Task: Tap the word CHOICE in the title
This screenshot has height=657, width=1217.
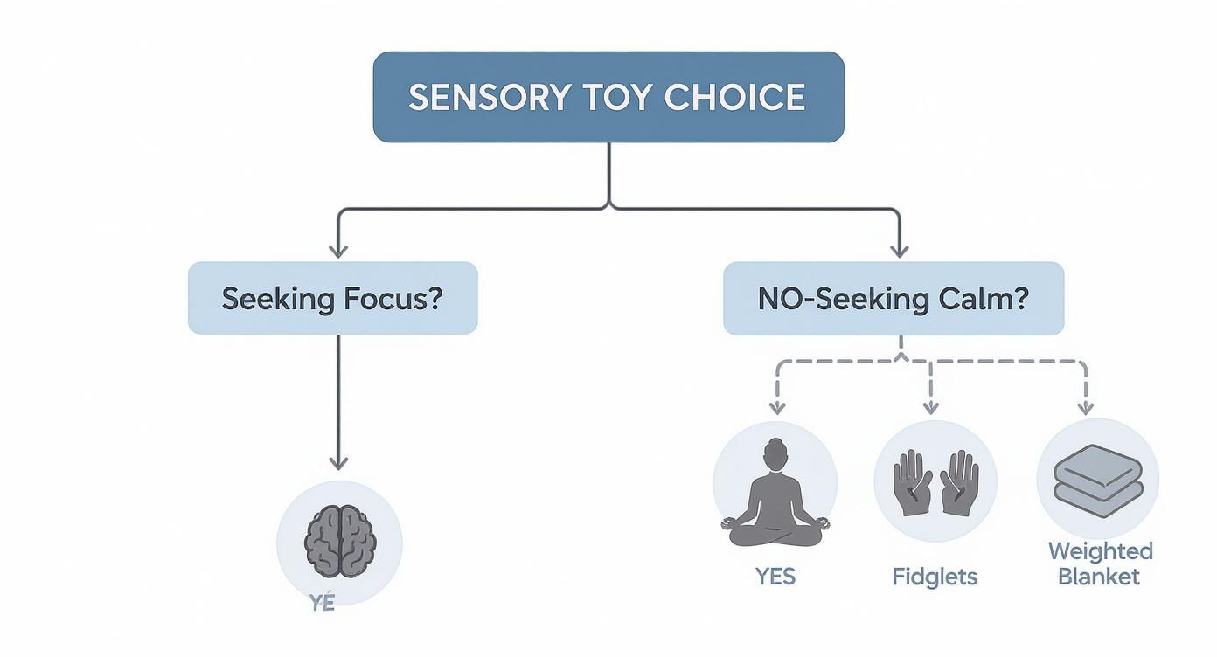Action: [734, 97]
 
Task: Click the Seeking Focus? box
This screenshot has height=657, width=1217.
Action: [332, 298]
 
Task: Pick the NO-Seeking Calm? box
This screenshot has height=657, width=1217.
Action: [893, 298]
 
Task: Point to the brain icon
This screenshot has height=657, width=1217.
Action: [339, 543]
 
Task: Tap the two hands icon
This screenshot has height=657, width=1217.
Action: [935, 481]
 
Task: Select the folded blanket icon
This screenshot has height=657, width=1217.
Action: [1097, 480]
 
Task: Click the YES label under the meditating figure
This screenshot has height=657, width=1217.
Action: [775, 577]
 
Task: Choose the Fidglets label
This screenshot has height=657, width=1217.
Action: [935, 577]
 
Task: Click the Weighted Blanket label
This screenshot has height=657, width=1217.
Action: [1099, 564]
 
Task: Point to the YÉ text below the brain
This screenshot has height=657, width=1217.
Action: [323, 604]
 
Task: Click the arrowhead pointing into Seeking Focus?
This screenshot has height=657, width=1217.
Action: [338, 250]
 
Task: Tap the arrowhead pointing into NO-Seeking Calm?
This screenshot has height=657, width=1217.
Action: [898, 250]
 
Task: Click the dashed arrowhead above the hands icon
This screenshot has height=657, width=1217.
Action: [931, 407]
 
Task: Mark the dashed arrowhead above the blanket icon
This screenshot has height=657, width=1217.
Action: [1085, 407]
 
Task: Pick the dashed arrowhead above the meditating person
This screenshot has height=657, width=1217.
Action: [775, 407]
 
